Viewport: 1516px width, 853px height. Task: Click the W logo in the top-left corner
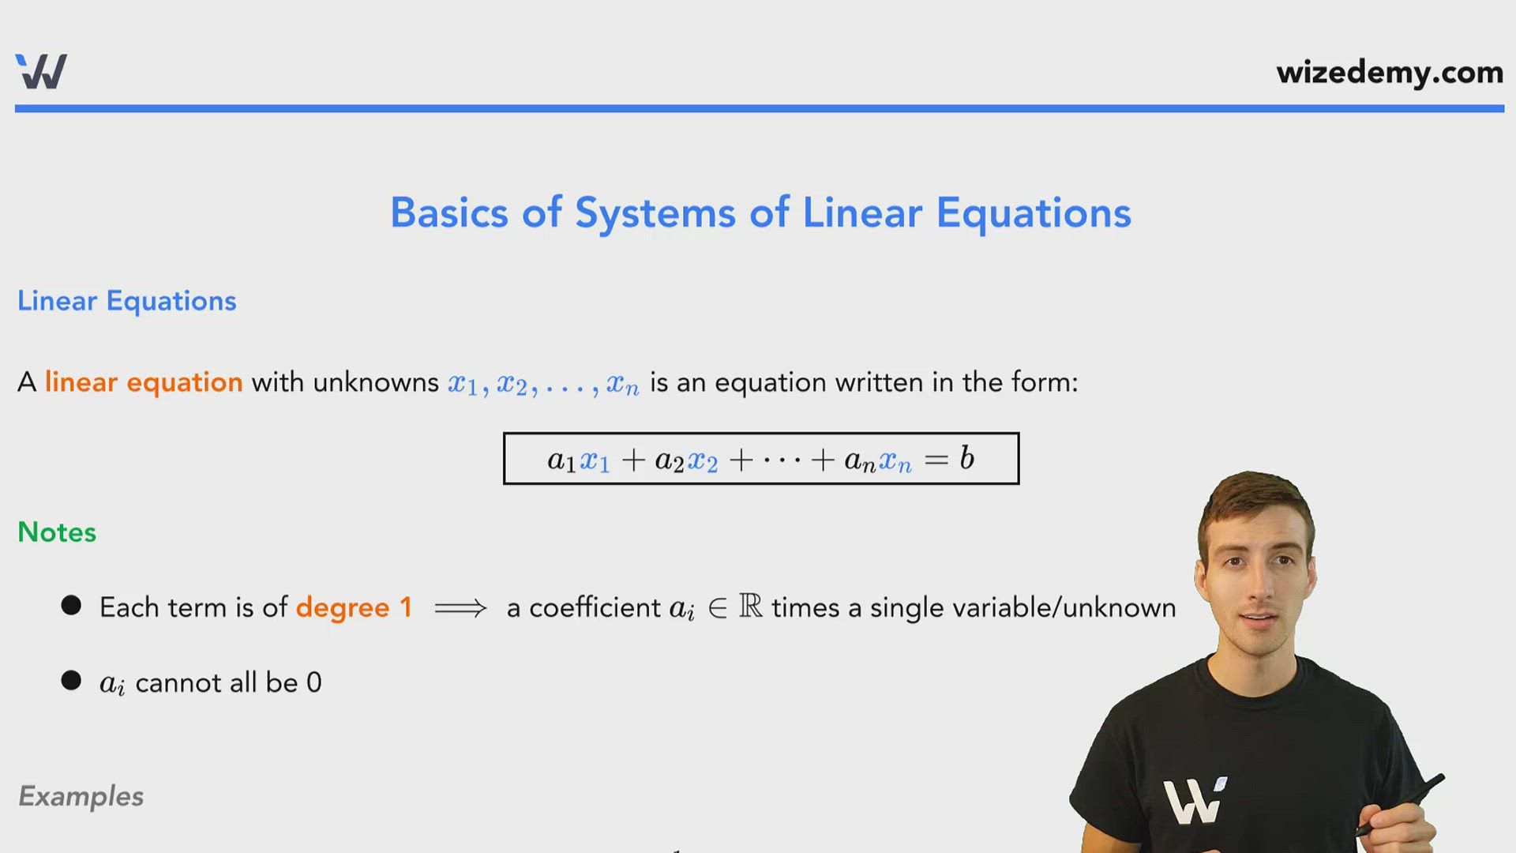click(41, 72)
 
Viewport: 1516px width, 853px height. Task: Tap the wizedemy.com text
click(1389, 73)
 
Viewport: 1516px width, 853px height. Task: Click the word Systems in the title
click(655, 213)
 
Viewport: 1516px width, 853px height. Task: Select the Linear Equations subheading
click(126, 301)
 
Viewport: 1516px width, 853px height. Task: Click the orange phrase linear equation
click(143, 382)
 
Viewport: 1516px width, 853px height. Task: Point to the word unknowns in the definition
click(375, 382)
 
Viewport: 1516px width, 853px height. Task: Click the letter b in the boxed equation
click(967, 458)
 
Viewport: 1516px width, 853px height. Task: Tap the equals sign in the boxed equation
click(936, 460)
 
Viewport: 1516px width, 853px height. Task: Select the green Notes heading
click(57, 532)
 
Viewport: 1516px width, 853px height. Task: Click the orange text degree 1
click(354, 607)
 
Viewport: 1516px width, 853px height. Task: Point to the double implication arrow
click(460, 608)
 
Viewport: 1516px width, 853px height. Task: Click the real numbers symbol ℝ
click(750, 607)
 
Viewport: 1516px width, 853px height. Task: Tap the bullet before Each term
click(71, 606)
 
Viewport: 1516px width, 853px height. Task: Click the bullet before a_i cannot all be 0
click(71, 681)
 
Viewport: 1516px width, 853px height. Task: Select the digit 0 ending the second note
click(313, 682)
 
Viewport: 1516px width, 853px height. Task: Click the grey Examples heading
click(81, 796)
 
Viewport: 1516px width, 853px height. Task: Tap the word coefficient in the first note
click(595, 607)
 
